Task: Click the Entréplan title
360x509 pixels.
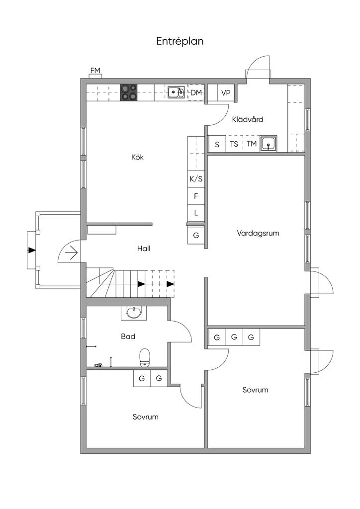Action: (x=180, y=41)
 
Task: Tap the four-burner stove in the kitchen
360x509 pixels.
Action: (x=129, y=92)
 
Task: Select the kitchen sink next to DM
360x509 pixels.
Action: (x=176, y=92)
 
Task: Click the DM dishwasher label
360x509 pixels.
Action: (x=196, y=92)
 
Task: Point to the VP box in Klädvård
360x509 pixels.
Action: (x=226, y=93)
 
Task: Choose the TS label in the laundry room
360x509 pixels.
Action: (x=234, y=144)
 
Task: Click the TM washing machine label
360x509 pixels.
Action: (x=252, y=144)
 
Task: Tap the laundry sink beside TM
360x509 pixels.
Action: (x=269, y=144)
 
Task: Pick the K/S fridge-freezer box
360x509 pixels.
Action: (x=196, y=179)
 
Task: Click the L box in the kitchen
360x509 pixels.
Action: (x=196, y=213)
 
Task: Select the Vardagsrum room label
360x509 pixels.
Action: (x=258, y=233)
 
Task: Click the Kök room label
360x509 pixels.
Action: (x=137, y=157)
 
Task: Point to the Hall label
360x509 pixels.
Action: (x=144, y=249)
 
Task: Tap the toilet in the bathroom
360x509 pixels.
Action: (x=145, y=358)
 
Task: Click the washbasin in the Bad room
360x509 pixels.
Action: (x=134, y=313)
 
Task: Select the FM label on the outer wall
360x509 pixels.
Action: (x=95, y=71)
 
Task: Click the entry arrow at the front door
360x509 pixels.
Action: (x=72, y=252)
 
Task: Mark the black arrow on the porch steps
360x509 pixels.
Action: (x=32, y=250)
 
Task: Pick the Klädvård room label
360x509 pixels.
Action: (x=247, y=119)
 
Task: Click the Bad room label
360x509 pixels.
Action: (x=128, y=337)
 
